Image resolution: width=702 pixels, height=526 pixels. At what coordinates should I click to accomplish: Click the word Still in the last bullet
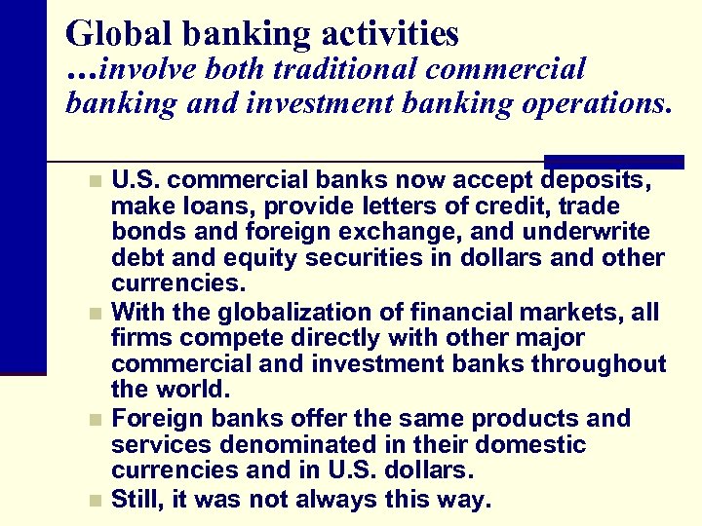point(136,501)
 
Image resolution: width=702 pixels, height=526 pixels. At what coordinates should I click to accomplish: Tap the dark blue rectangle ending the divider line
point(613,162)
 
